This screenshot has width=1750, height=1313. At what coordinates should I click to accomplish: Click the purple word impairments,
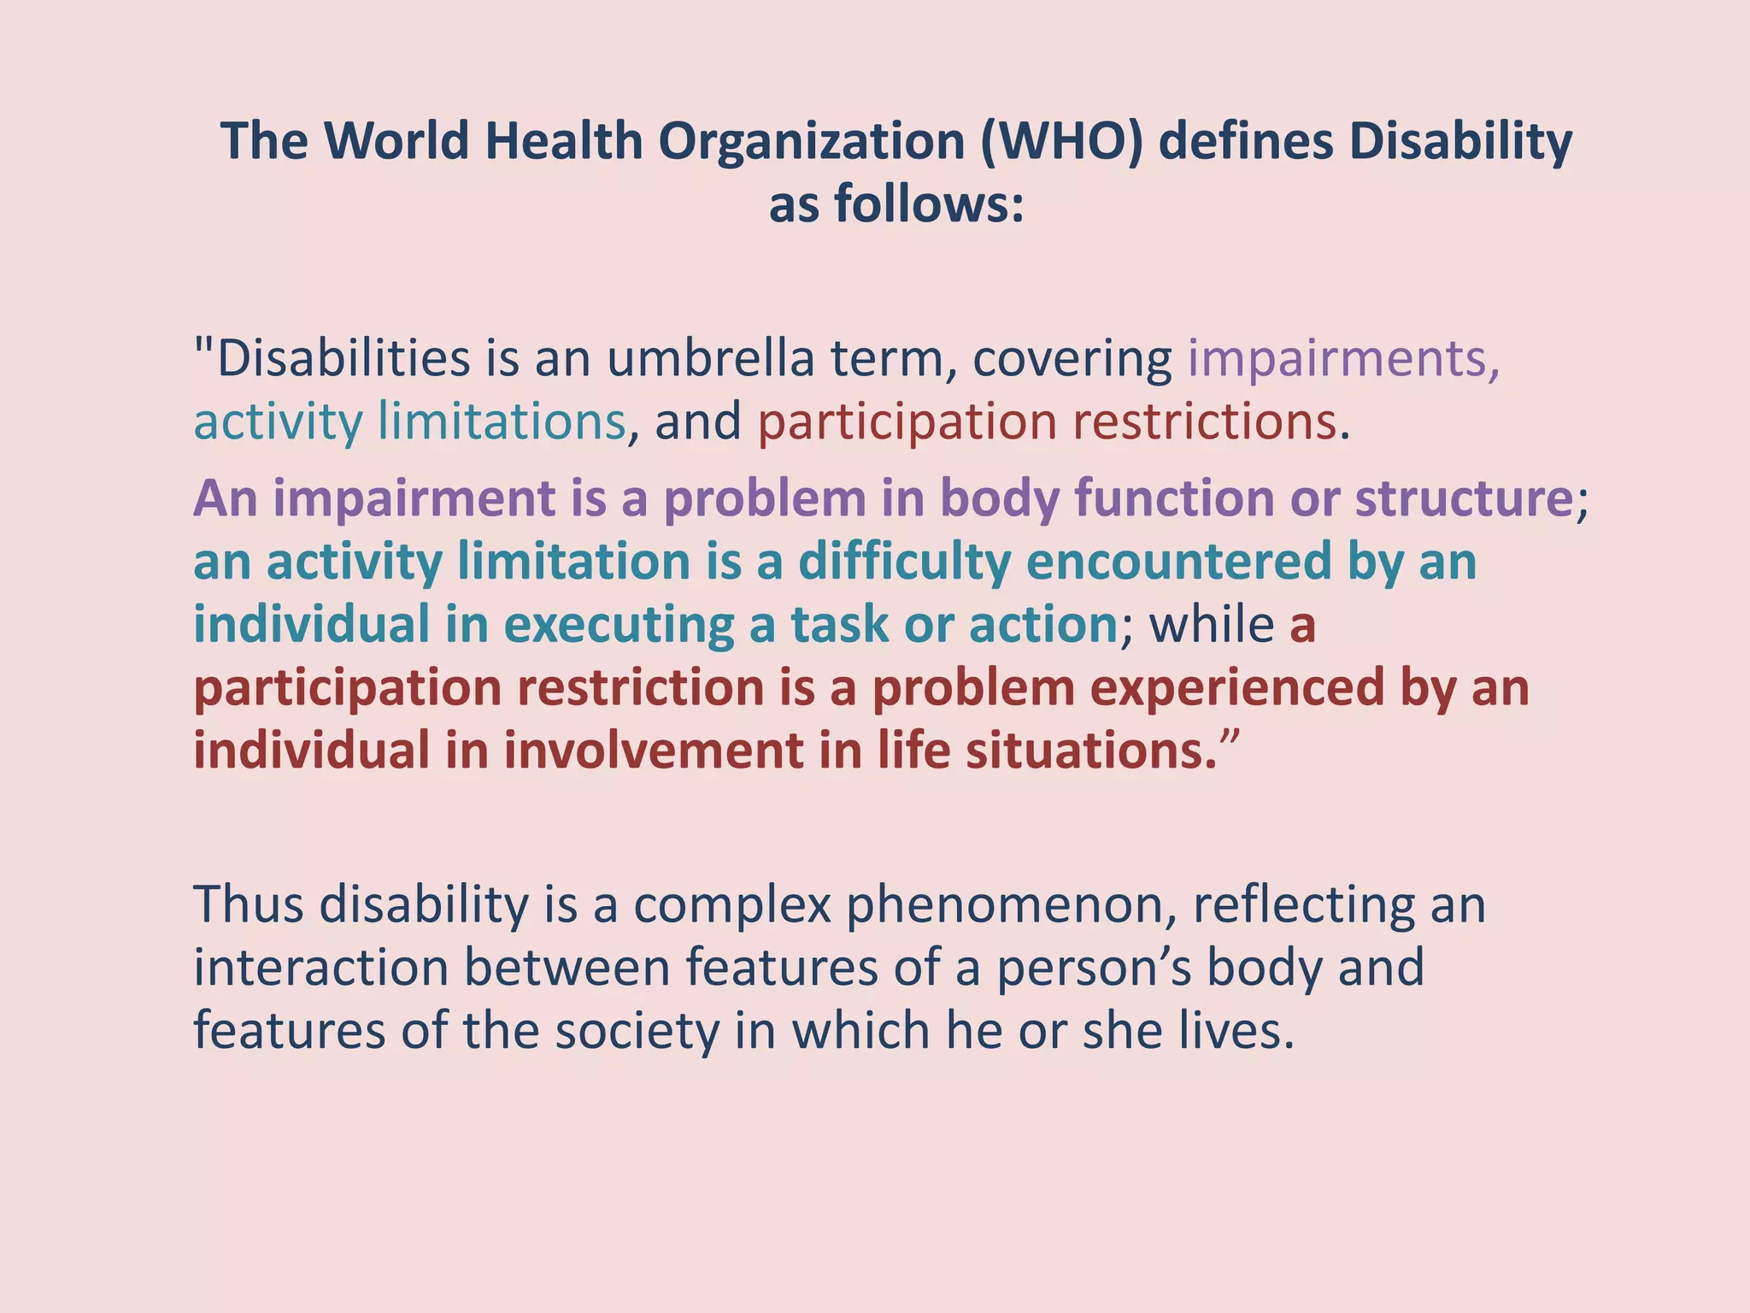(x=1343, y=358)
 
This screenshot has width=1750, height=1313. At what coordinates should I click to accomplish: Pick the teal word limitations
(x=502, y=421)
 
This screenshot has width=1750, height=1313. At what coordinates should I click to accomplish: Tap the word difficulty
(x=904, y=562)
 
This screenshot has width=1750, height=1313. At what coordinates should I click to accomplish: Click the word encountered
(x=1179, y=562)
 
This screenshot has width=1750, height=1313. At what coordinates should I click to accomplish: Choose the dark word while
(x=1213, y=625)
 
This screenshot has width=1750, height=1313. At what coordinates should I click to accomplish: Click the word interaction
(x=321, y=968)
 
